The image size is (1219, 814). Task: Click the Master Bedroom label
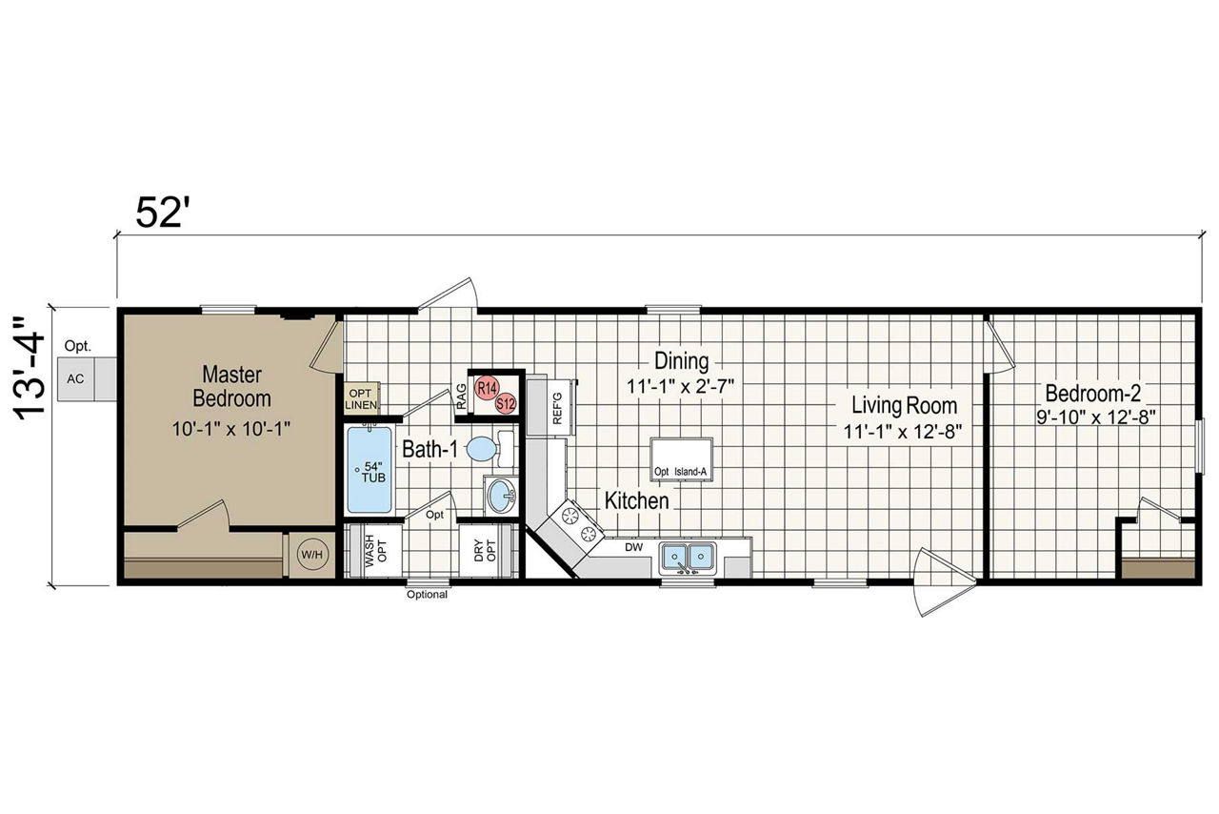coord(231,386)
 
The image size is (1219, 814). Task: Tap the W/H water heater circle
coord(311,555)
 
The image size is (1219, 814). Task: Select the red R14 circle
coord(487,389)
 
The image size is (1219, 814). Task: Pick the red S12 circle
coord(506,404)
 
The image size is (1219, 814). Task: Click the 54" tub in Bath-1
coord(370,470)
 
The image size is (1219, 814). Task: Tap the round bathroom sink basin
coord(501,496)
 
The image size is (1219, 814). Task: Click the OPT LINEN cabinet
coord(361,399)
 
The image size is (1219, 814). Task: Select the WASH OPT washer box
coord(375,550)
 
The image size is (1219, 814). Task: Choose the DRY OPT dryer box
coord(486,550)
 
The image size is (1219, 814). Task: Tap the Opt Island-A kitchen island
coord(682,458)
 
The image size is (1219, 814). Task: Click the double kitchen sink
coord(688,557)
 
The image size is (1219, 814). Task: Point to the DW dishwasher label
coord(633,547)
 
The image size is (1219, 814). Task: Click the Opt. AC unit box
coord(87,378)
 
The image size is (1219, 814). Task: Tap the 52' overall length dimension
coord(158,213)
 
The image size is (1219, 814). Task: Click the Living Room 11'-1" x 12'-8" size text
coord(904,432)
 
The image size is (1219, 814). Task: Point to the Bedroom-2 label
coord(1092,394)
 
